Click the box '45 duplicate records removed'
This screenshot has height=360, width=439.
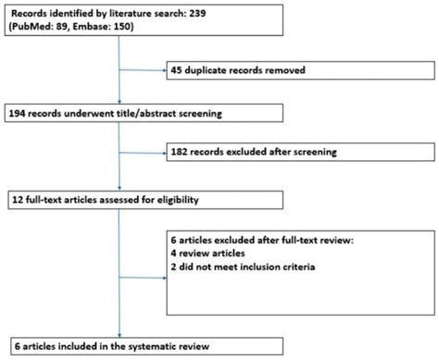pos(295,68)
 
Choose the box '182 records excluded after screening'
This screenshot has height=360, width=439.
pos(295,152)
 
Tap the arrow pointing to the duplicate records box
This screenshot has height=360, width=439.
pos(160,68)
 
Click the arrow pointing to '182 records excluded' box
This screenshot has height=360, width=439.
pos(160,152)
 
